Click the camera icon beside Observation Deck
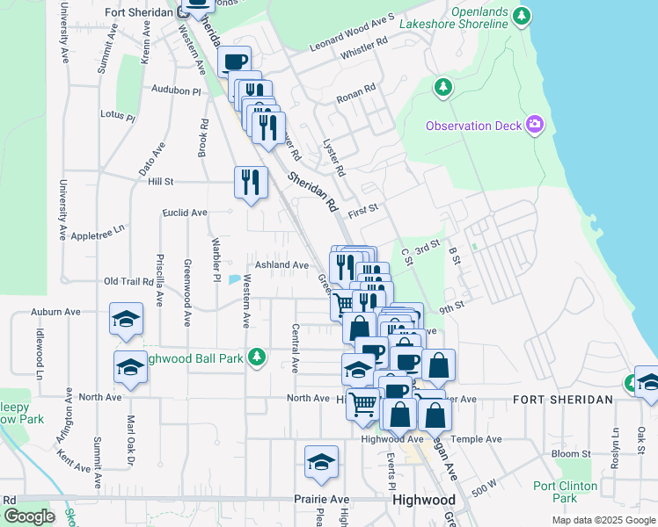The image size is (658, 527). point(534,126)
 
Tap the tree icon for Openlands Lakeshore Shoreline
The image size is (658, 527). point(523,15)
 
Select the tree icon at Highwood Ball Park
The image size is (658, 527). point(256,357)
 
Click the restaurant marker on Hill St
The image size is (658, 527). point(251,182)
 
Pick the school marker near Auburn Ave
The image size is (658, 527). point(126,319)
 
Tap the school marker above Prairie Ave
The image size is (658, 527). point(322,462)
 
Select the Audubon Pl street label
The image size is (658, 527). point(176,90)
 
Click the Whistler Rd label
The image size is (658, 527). point(363,48)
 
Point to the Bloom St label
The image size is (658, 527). point(572,454)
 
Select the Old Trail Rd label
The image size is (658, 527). point(128,281)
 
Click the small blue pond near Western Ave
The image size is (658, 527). point(233,280)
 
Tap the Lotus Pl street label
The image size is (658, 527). point(118,116)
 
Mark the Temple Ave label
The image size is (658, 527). point(476,439)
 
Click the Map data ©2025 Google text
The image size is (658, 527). point(603,520)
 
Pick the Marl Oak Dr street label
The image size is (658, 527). point(130,442)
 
